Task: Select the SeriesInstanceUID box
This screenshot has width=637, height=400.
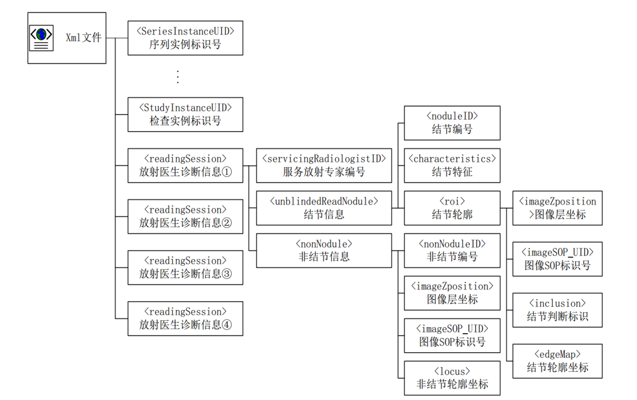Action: coord(185,38)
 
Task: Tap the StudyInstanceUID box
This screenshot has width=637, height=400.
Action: coord(185,114)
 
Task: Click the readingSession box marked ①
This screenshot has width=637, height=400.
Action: coord(185,166)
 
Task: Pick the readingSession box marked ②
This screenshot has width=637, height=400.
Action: coord(185,216)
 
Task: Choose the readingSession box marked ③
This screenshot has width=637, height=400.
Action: coord(185,267)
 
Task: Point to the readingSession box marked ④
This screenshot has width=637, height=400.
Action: coord(185,318)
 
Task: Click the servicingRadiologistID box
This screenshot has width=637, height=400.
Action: coord(324,166)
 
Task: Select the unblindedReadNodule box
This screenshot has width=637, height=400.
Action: coord(324,208)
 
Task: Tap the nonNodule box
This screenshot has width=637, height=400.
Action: coord(324,250)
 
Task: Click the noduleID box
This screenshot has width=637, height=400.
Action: coord(452,123)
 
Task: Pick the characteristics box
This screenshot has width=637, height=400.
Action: coord(452,166)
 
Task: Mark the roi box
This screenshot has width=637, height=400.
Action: coord(452,208)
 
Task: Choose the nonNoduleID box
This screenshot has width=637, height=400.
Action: coord(452,250)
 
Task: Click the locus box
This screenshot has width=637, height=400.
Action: coord(452,378)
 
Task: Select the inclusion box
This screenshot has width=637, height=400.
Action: coord(557,310)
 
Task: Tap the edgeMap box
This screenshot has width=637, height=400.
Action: coord(557,361)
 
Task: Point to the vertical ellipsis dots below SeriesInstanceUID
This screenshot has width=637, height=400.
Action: coord(178,76)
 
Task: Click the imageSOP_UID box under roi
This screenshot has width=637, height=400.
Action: coord(557,259)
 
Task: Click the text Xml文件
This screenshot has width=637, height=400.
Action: coord(84,38)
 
